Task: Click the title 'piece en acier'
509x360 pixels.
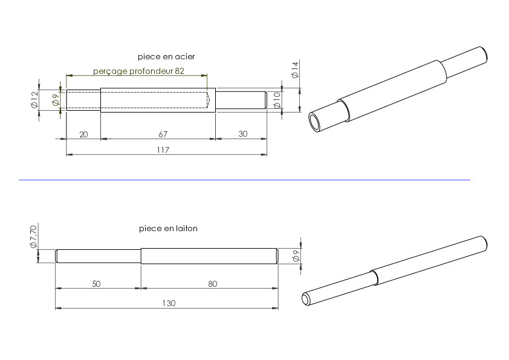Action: tap(166, 56)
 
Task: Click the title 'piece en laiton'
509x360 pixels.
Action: tap(168, 229)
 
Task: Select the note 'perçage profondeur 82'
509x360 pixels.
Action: tap(138, 71)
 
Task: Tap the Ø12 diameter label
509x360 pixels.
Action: tap(34, 99)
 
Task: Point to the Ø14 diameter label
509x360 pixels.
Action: tap(295, 70)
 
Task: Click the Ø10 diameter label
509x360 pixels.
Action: tap(277, 100)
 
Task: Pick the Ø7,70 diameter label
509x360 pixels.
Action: tap(33, 237)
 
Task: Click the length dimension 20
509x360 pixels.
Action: tap(83, 134)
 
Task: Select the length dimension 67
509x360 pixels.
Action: tap(163, 134)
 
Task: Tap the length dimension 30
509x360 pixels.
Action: tap(243, 134)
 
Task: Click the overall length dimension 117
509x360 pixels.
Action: tap(163, 150)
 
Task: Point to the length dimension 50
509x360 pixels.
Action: tap(96, 284)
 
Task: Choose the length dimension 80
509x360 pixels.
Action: tap(212, 284)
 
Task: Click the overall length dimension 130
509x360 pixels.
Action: tap(169, 303)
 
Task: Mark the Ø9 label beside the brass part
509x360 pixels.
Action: tap(296, 256)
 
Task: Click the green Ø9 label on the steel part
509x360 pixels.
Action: tap(56, 100)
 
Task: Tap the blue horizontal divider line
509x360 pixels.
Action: tap(244, 180)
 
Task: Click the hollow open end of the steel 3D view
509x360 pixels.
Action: tap(315, 122)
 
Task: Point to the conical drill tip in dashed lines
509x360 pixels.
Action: tap(208, 100)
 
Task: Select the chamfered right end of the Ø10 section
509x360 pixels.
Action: tap(265, 100)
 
